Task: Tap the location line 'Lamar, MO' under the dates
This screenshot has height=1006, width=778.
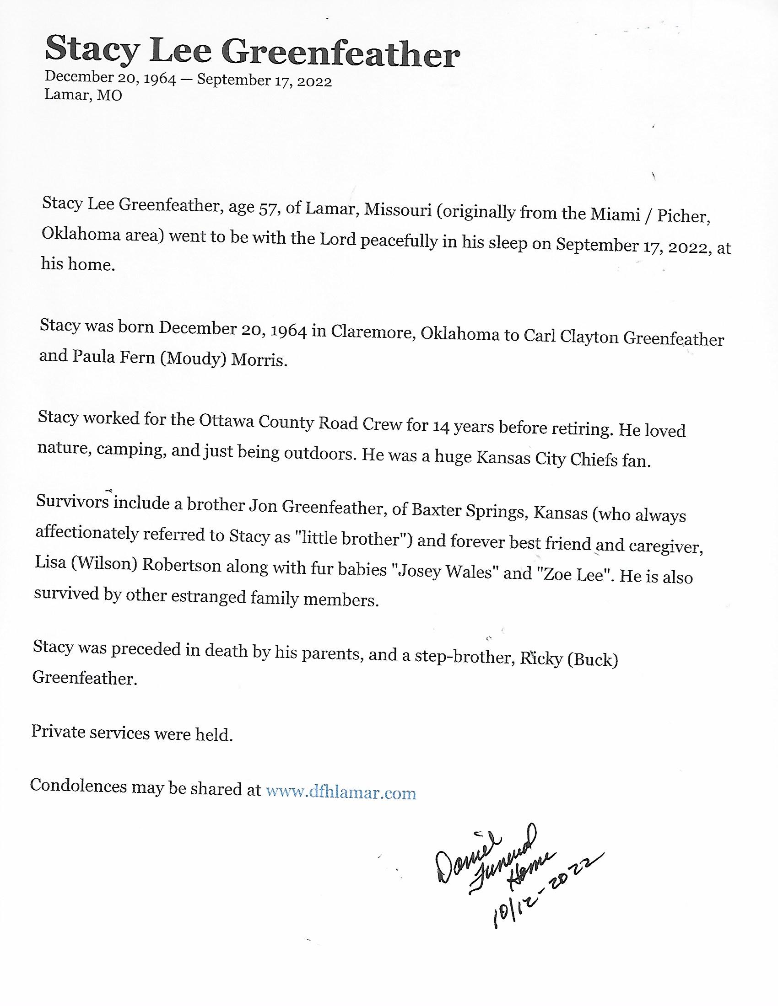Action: [x=83, y=96]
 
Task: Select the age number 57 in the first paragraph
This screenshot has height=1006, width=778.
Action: [x=268, y=209]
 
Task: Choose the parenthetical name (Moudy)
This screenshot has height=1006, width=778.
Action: [x=193, y=358]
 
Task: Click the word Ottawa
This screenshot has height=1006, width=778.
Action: [x=226, y=421]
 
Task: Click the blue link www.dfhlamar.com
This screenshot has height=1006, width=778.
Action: [x=341, y=793]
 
